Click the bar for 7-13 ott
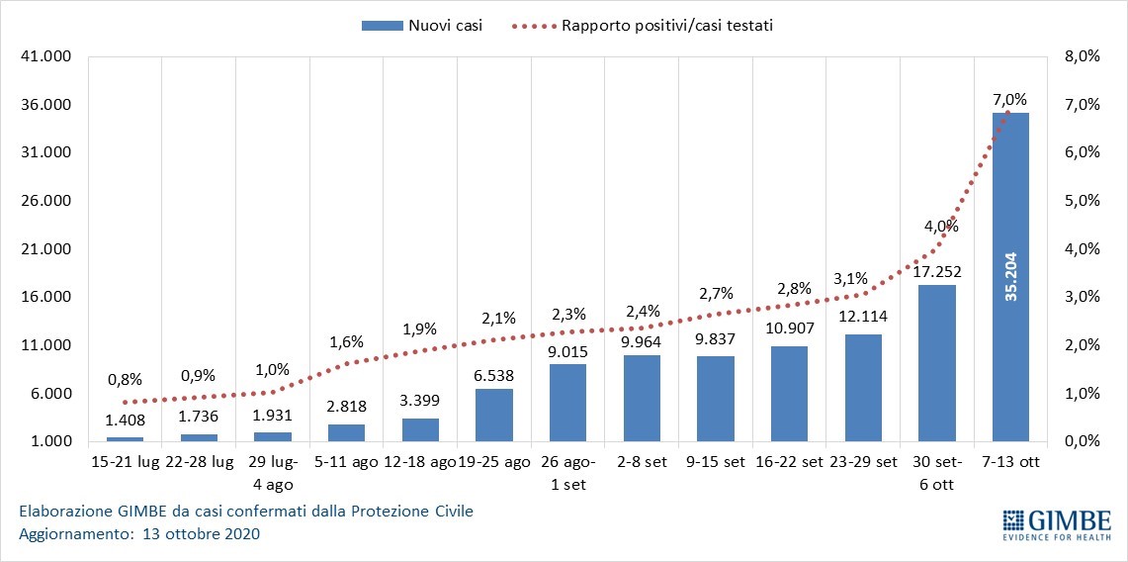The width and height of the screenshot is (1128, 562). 1010,277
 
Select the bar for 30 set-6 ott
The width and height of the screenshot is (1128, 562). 936,363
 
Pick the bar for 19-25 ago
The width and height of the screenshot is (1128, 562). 493,415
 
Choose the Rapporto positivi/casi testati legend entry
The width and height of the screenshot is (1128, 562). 643,26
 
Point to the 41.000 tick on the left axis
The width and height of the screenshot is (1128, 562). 45,57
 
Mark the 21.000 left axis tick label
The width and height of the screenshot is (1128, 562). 45,249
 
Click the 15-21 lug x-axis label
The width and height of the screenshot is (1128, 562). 125,462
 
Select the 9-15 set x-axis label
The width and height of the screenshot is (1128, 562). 715,462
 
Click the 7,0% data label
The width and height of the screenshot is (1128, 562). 1010,99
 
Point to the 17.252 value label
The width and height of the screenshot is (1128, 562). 936,270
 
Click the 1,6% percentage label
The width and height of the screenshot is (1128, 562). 346,342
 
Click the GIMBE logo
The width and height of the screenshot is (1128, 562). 1056,524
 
